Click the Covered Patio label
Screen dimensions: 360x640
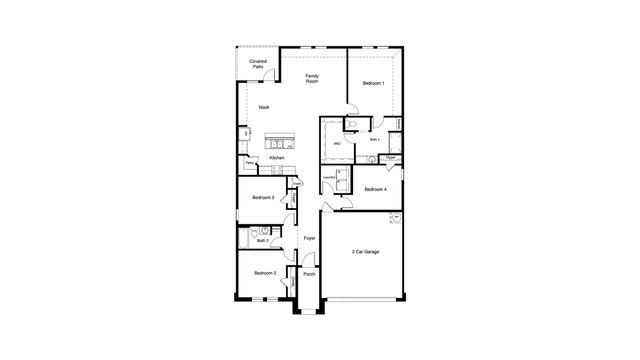coord(258,64)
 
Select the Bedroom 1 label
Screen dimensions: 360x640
coord(374,82)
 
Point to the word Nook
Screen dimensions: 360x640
coord(264,107)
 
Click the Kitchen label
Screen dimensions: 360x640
coord(277,158)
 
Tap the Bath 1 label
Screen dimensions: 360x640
coord(373,140)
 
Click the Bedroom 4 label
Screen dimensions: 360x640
coord(375,189)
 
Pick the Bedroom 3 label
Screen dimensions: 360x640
coord(264,198)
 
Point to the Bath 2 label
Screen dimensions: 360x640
coord(262,240)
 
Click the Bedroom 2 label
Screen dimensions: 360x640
coord(264,273)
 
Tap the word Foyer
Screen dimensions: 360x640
coord(310,238)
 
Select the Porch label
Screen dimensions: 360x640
coord(309,274)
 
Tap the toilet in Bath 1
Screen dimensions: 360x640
coord(349,125)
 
